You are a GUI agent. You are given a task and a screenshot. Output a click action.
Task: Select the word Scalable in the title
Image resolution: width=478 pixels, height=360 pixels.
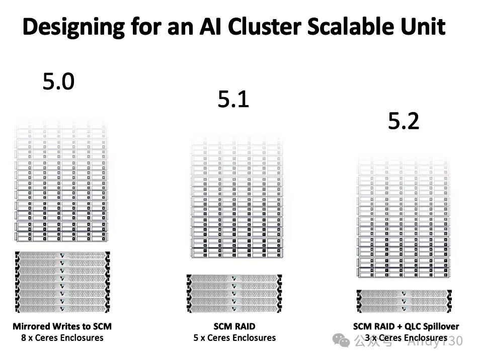(x=357, y=27)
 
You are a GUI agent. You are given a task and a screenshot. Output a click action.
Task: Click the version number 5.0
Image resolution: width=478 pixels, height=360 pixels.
(x=58, y=81)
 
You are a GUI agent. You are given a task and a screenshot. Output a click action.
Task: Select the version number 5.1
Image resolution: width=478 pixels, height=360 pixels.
(x=233, y=101)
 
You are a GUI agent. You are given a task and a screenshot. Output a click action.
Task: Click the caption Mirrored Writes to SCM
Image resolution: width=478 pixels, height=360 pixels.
(x=62, y=326)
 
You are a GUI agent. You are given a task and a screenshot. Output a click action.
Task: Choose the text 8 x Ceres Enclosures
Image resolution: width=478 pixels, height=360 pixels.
(x=62, y=337)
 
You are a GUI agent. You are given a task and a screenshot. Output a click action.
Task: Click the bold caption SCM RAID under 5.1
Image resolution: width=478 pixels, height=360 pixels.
(x=234, y=326)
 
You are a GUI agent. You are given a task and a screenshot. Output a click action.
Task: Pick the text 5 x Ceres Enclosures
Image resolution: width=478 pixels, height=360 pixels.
(x=234, y=337)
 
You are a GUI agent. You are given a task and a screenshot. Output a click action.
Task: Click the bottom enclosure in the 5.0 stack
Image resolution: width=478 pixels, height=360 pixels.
(x=62, y=308)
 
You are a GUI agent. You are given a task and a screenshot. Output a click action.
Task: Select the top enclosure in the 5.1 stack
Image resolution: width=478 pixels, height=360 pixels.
(x=234, y=278)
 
